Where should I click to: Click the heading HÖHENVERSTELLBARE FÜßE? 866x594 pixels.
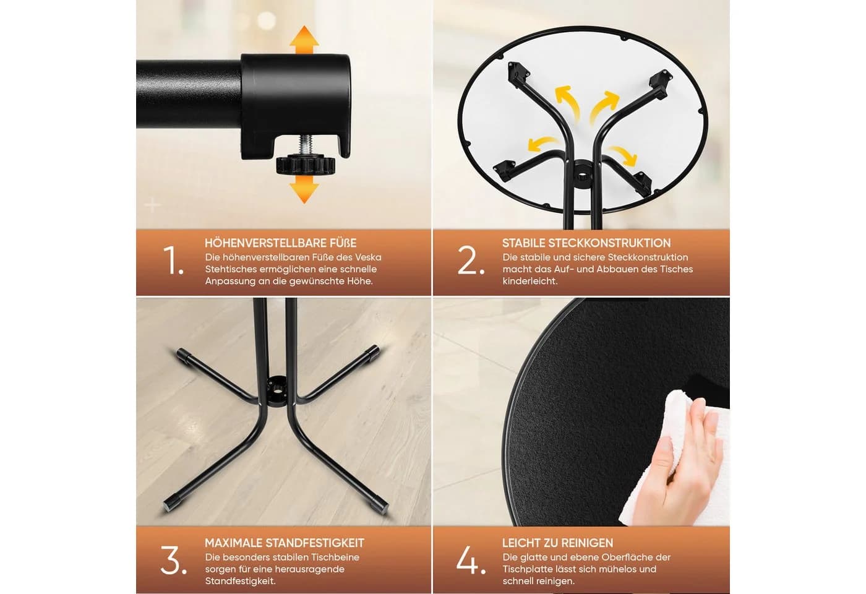coord(281,243)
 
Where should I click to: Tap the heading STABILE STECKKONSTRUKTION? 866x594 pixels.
coord(586,243)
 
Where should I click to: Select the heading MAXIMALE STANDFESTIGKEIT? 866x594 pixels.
coord(285,543)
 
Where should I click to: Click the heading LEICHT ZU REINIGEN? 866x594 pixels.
coord(557,543)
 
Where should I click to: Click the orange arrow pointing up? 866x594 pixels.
coord(304,40)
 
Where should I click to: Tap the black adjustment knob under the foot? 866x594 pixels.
coord(305,166)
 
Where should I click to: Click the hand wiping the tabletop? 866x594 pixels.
coord(692,457)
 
